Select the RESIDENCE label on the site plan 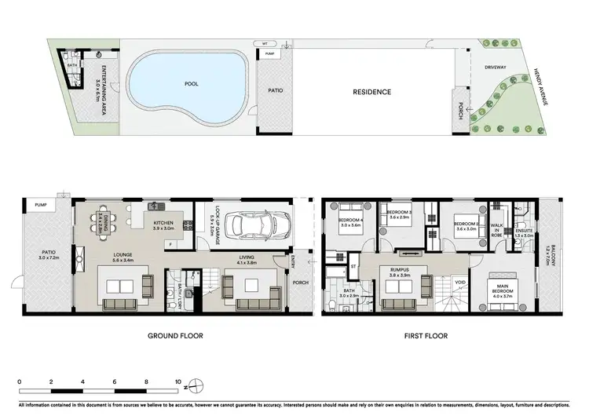tap(371, 92)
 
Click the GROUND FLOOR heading tap(176, 336)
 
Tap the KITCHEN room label tap(163, 224)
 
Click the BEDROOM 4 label tap(349, 221)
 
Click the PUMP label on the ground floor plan tap(41, 205)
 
